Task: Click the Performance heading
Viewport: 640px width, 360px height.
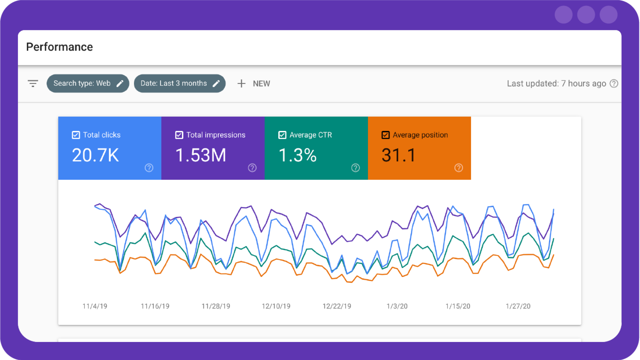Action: (59, 47)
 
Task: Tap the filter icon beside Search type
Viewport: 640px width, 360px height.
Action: (33, 83)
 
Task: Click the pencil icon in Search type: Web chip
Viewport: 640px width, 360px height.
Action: (120, 83)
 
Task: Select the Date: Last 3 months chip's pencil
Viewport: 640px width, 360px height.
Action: (216, 83)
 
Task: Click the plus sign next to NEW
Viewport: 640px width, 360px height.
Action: (241, 83)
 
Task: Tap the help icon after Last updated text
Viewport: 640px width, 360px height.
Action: (614, 83)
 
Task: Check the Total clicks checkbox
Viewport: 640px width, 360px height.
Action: (76, 135)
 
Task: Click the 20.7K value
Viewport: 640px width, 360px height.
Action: (95, 155)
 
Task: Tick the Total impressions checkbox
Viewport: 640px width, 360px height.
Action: (179, 135)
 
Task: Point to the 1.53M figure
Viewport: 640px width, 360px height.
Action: (201, 155)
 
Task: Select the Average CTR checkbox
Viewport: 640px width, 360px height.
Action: (282, 135)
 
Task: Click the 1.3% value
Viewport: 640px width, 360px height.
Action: (297, 155)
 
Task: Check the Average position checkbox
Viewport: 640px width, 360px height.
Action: (386, 135)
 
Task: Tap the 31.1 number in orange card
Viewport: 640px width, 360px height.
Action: (399, 155)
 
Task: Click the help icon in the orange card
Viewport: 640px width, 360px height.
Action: (459, 168)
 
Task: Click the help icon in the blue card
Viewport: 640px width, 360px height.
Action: (149, 168)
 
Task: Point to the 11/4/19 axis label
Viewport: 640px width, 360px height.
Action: (95, 306)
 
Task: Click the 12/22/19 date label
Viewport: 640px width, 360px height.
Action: (337, 306)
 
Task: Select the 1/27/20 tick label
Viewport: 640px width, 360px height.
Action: (518, 306)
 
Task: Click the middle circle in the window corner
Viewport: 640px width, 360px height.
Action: (586, 15)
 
